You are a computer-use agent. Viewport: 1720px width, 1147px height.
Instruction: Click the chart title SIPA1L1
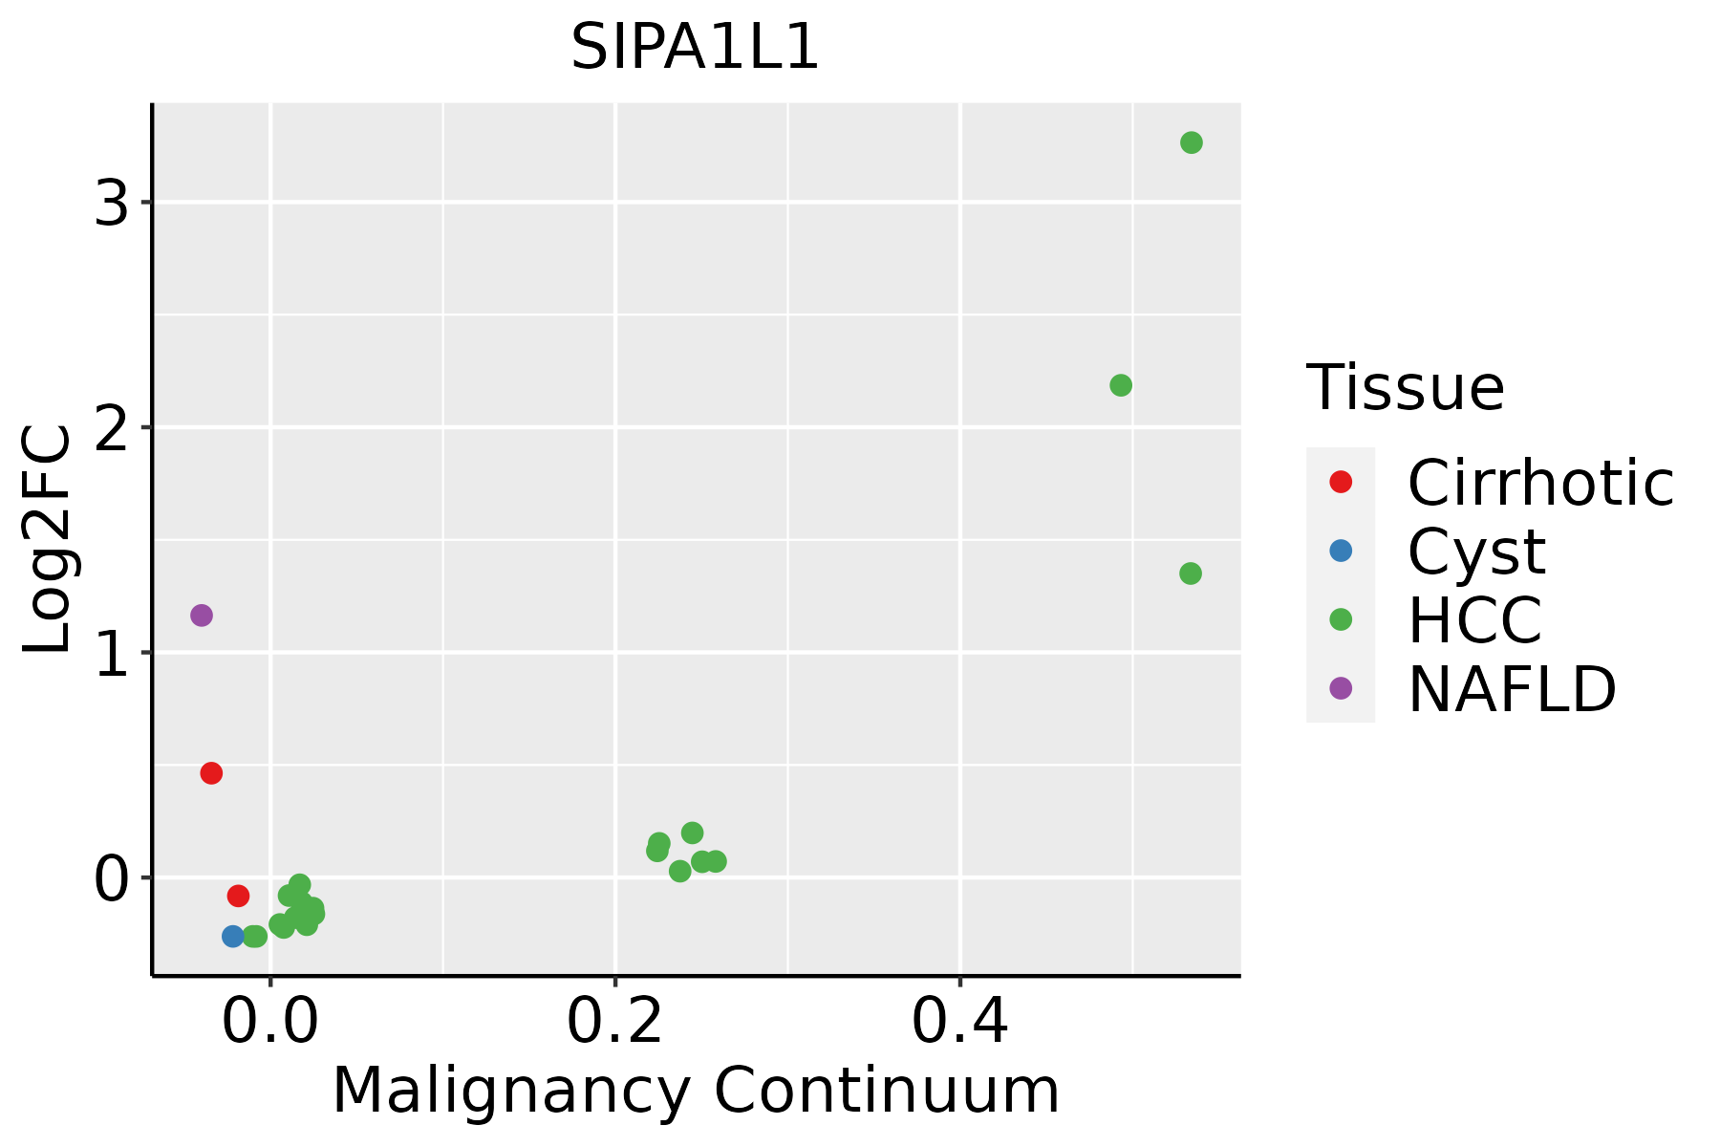(x=695, y=47)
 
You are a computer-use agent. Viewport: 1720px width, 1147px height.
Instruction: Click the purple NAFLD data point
(x=201, y=615)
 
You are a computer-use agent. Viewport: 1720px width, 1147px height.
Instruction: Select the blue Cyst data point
(x=233, y=936)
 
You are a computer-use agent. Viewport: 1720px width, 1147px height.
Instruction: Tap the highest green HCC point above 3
(x=1191, y=142)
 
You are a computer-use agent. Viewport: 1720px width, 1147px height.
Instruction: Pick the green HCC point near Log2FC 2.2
(x=1121, y=385)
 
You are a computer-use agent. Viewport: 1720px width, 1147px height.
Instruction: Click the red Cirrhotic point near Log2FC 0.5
(x=211, y=773)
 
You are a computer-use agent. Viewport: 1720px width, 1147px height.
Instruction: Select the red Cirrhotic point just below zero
(x=238, y=896)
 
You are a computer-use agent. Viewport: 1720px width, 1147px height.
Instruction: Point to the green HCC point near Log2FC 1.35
(x=1190, y=573)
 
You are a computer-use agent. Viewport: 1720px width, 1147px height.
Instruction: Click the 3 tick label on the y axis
(x=112, y=203)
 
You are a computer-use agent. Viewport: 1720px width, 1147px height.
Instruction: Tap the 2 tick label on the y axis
(x=112, y=427)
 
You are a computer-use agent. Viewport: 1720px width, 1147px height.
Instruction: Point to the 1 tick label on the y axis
(x=112, y=653)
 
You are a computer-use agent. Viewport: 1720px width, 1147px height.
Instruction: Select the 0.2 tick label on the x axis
(x=614, y=1023)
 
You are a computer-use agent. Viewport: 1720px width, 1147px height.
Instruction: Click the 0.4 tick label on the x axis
(x=959, y=1023)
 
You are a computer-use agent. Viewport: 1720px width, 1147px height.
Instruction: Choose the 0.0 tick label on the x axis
(x=270, y=1023)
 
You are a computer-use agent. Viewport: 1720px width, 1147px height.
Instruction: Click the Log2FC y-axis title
(x=48, y=539)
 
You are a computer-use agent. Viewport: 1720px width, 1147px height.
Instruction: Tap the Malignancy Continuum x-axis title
(x=696, y=1091)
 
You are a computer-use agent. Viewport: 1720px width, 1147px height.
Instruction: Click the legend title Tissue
(x=1406, y=388)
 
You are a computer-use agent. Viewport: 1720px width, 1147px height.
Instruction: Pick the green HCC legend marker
(x=1341, y=619)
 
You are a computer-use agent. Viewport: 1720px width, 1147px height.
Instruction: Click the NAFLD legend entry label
(x=1512, y=688)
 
